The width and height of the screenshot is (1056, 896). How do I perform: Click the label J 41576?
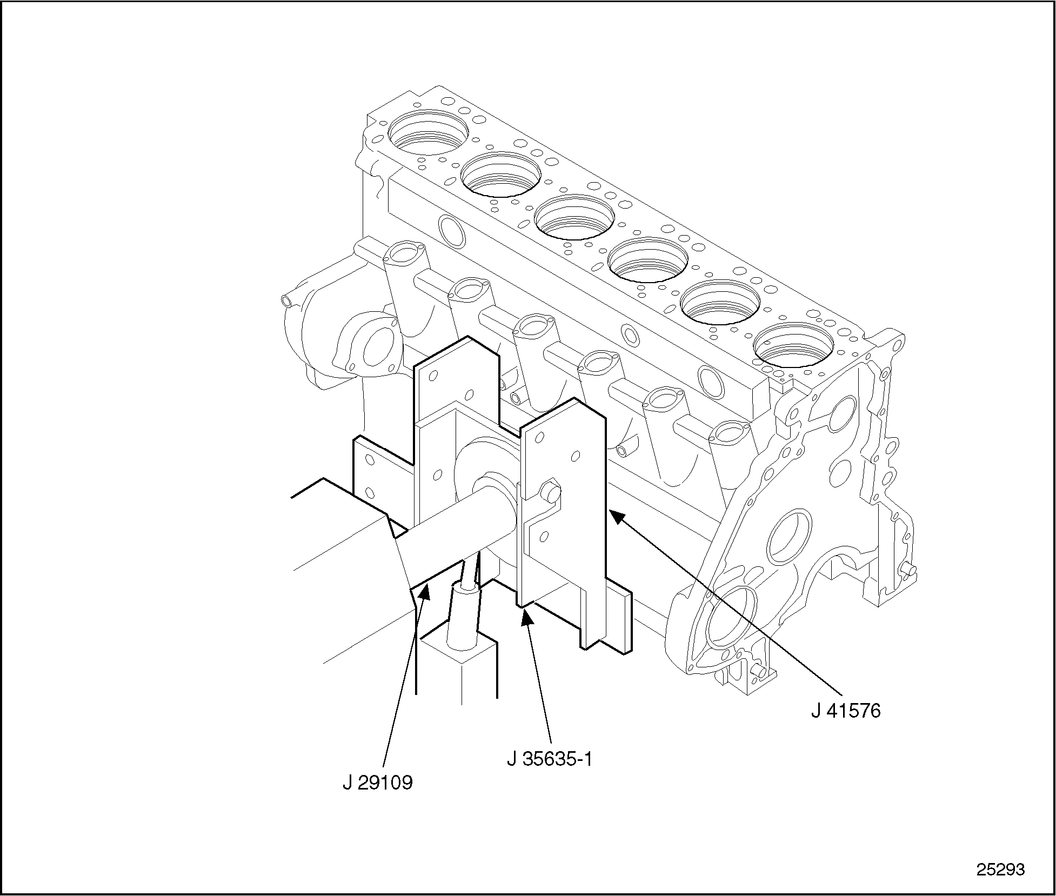coord(846,711)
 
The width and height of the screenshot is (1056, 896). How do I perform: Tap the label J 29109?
coord(377,783)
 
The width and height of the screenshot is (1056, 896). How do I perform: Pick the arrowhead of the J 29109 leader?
coord(424,591)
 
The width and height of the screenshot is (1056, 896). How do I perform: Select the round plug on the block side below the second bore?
coord(452,230)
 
